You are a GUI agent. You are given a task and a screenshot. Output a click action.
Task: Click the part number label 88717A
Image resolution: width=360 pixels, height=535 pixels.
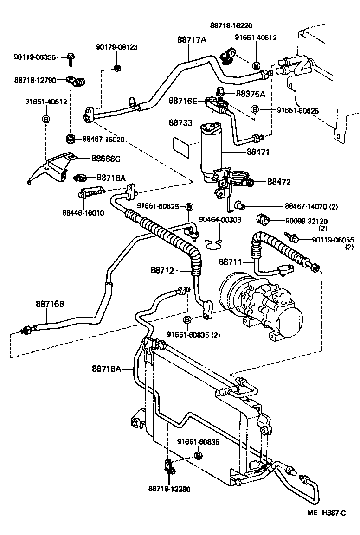pos(191,40)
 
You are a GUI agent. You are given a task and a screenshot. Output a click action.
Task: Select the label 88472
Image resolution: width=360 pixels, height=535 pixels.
pos(279,182)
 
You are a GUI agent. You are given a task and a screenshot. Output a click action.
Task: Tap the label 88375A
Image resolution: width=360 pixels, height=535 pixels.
pos(251,94)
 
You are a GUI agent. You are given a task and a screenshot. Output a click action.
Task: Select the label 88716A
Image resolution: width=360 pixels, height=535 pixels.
pos(106,369)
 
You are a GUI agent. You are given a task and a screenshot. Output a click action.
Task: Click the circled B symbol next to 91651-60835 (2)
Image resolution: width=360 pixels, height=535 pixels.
pos(187,319)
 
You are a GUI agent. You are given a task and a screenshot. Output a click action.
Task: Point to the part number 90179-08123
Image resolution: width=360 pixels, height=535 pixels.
pos(117,47)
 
